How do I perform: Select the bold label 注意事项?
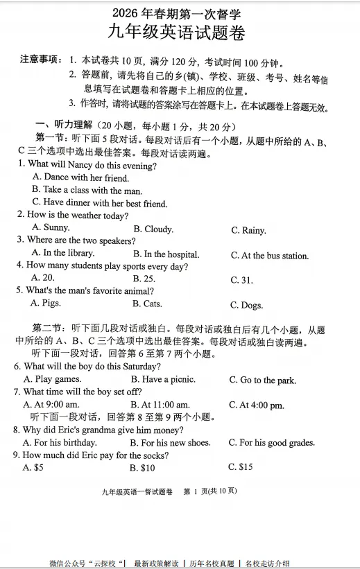click(x=41, y=60)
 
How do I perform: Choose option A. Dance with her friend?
click(x=80, y=177)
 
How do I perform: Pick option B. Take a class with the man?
click(x=87, y=190)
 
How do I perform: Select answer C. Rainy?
click(x=248, y=230)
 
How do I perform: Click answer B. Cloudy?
click(x=153, y=229)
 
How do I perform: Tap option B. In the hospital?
click(x=166, y=254)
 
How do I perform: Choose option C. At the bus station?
click(x=270, y=256)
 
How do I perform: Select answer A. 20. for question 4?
click(x=43, y=278)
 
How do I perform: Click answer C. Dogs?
click(x=247, y=305)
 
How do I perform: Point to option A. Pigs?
click(x=46, y=303)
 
